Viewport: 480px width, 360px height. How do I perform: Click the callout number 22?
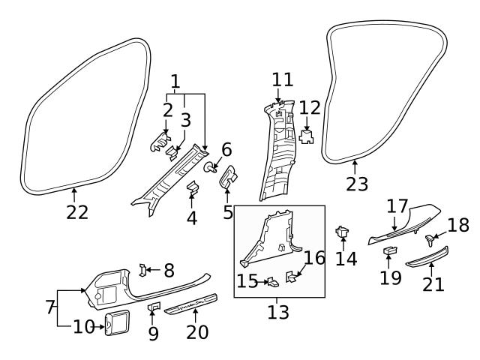tap(76, 212)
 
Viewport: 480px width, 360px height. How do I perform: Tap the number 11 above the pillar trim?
tap(283, 79)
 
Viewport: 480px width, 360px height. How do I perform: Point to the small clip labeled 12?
tap(306, 136)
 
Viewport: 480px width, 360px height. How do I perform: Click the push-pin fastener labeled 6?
tap(212, 166)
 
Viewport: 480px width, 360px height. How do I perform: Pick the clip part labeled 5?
tap(228, 178)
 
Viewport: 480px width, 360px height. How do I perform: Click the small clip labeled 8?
tap(145, 269)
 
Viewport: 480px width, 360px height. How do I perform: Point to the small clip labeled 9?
tap(153, 307)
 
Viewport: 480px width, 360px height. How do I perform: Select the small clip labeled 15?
tap(274, 282)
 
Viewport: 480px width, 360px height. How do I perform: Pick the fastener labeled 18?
tap(431, 240)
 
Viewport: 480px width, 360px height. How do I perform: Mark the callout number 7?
tap(49, 307)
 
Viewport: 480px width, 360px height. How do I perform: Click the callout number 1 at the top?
tap(175, 79)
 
